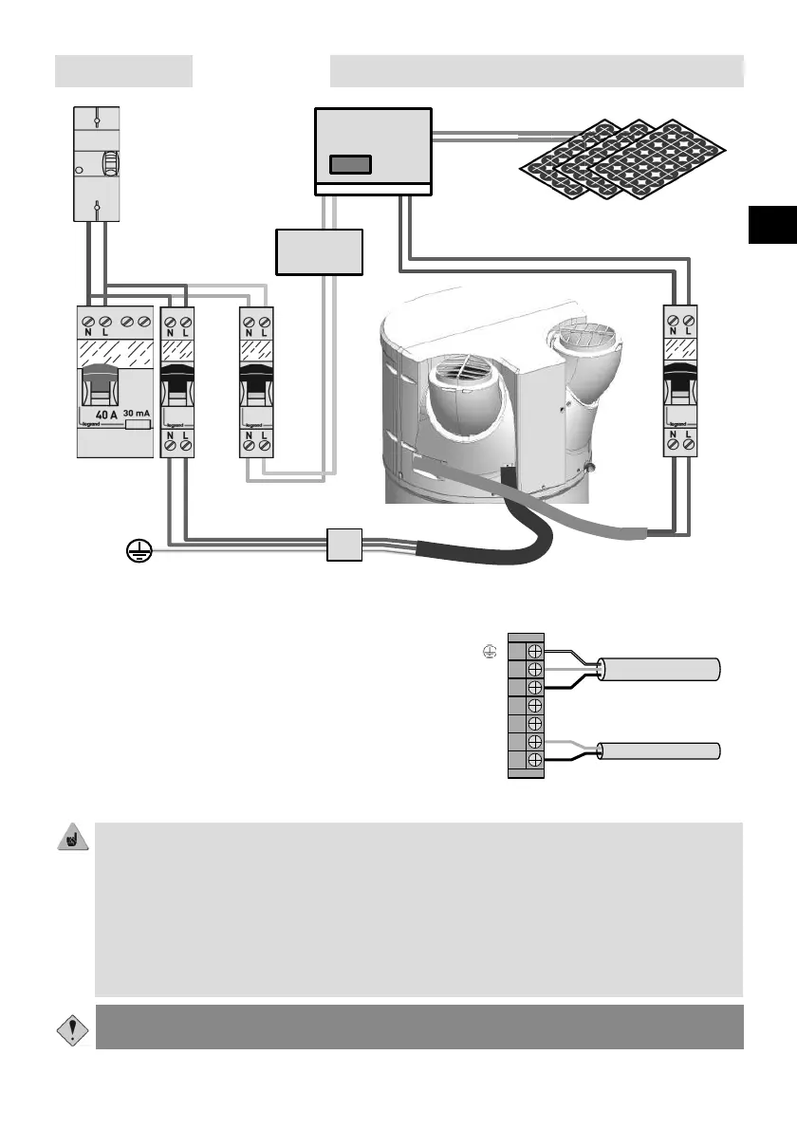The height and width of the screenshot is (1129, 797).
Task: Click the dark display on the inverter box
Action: (x=349, y=164)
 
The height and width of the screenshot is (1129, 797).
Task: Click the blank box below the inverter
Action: (x=320, y=251)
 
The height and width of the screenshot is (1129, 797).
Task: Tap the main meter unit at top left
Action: (x=97, y=164)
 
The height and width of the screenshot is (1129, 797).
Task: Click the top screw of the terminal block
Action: (x=535, y=651)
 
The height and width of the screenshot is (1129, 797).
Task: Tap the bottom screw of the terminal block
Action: (x=535, y=760)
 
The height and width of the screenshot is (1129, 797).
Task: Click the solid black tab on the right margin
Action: (x=772, y=224)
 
